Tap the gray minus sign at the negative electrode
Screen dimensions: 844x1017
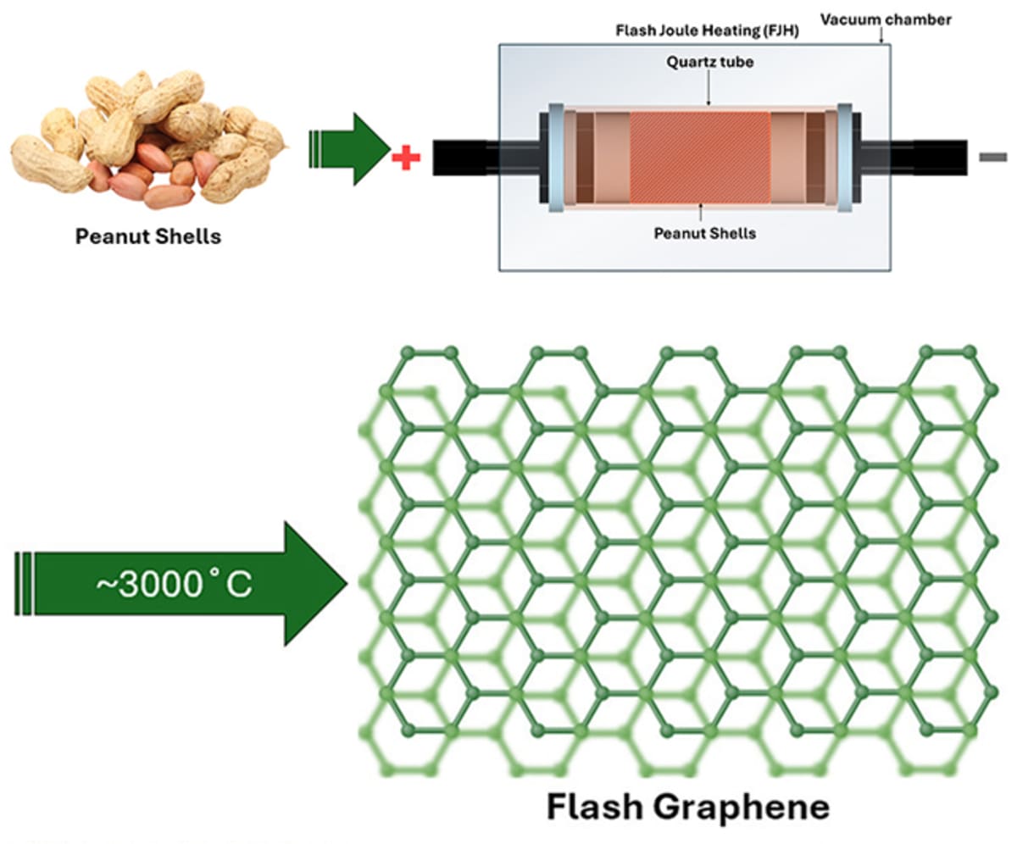[992, 157]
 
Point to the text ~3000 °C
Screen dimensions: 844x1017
[185, 585]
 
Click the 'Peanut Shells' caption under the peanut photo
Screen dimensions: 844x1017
[148, 236]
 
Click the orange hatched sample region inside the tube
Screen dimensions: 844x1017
[700, 158]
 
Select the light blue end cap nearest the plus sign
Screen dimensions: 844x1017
[557, 158]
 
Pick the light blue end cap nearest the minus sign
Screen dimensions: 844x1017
[845, 158]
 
